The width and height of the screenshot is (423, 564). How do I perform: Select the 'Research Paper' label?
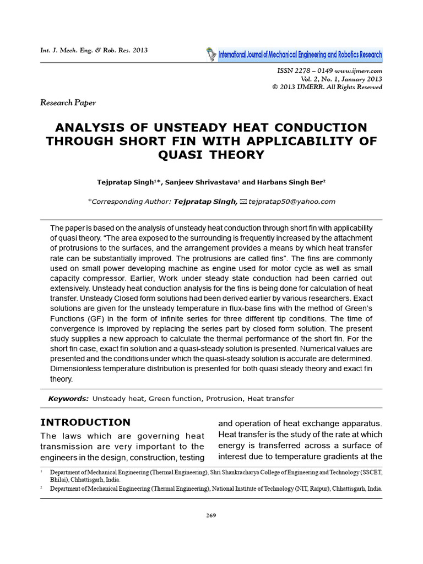coord(68,102)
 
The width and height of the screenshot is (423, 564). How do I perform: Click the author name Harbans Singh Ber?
coord(289,182)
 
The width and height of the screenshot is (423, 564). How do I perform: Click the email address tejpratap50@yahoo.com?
coord(292,202)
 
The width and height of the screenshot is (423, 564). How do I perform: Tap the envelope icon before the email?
coord(244,202)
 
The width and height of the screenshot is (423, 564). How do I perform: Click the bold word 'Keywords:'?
coord(68,398)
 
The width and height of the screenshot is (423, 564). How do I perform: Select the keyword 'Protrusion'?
coord(224,398)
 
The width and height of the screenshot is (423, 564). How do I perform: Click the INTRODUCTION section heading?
coord(85,422)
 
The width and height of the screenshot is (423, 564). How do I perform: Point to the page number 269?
coord(211,515)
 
